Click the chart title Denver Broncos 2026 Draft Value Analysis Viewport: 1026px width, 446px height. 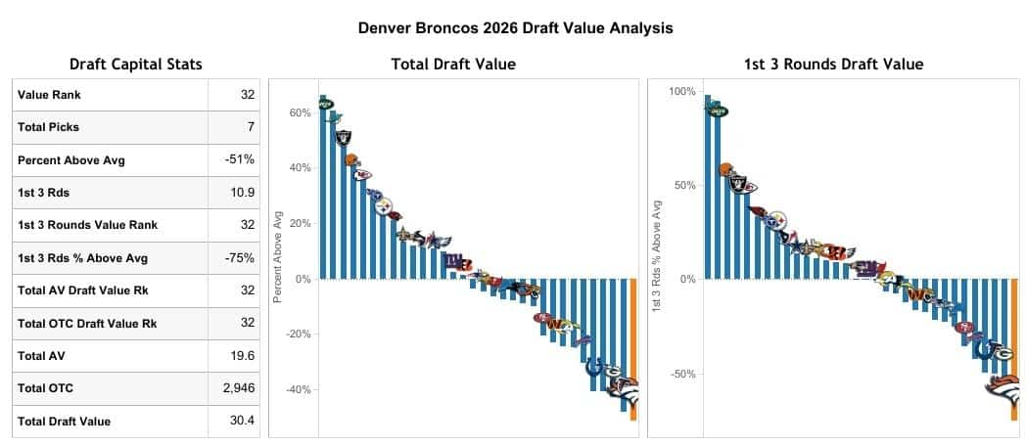(516, 27)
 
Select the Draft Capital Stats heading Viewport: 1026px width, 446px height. (137, 65)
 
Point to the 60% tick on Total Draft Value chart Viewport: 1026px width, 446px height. (300, 113)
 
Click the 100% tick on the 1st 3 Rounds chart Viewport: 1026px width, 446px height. (681, 92)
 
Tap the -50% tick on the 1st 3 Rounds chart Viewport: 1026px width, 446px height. (682, 374)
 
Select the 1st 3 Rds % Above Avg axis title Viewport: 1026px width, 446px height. (657, 256)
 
